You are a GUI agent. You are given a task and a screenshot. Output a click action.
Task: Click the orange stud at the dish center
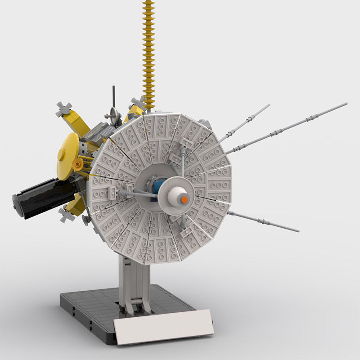coord(184,199)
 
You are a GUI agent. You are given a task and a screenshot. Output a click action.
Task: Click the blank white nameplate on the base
coord(163,327)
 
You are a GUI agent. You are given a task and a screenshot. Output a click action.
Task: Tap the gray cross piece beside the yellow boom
coord(137,103)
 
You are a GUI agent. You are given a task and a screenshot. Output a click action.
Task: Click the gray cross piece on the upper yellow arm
coord(64,109)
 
